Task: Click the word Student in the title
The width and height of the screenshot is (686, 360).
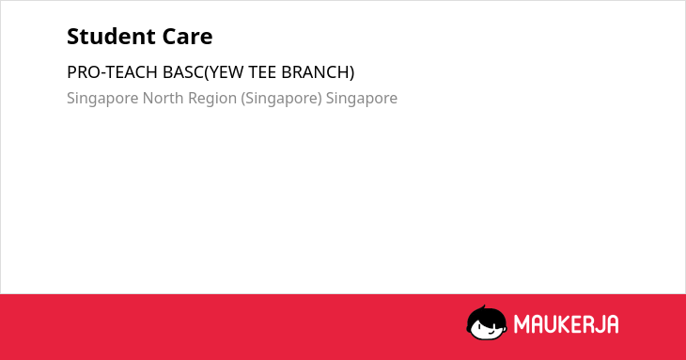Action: click(111, 37)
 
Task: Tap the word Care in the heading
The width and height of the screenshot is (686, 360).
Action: click(187, 37)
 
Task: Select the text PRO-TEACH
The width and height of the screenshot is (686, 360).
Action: click(113, 72)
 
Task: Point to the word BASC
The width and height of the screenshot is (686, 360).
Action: click(183, 72)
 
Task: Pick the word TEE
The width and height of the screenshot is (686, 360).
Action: click(262, 72)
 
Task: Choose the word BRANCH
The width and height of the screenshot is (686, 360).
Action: click(315, 72)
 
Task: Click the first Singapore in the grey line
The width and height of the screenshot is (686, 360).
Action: click(102, 99)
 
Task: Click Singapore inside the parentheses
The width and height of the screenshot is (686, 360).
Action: click(281, 99)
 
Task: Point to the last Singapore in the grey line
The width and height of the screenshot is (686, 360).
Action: click(362, 99)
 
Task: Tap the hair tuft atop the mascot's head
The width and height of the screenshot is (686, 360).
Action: click(483, 307)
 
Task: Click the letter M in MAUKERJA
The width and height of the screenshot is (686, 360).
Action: click(521, 324)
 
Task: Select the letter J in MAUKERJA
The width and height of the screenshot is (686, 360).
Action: click(598, 324)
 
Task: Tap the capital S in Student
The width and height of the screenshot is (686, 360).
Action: click(73, 37)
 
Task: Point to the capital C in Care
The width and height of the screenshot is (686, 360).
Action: click(169, 37)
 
